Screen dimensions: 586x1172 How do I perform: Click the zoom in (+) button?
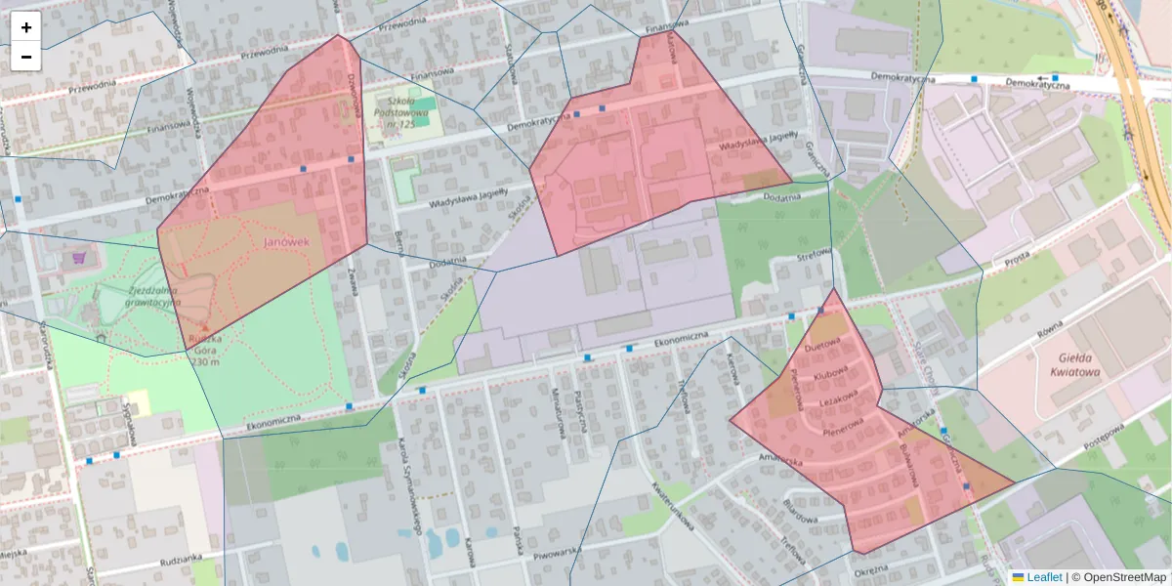[26, 27]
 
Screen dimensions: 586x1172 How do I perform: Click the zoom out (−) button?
[26, 57]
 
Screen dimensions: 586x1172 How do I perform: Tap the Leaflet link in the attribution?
[1043, 577]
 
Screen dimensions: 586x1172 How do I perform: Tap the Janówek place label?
[286, 242]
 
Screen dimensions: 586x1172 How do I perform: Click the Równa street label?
[1050, 337]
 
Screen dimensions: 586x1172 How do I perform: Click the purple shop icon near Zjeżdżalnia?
[78, 260]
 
